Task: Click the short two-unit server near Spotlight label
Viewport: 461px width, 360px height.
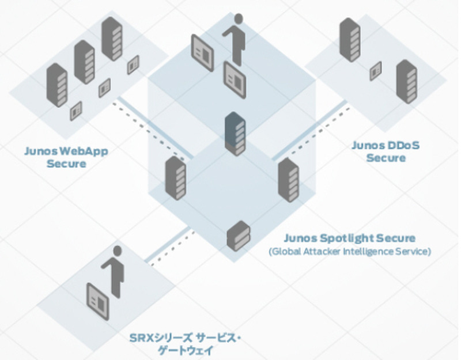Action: (x=238, y=235)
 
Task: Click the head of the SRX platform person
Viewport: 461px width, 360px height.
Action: (x=117, y=251)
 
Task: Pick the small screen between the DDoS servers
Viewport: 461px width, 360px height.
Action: (x=376, y=71)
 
